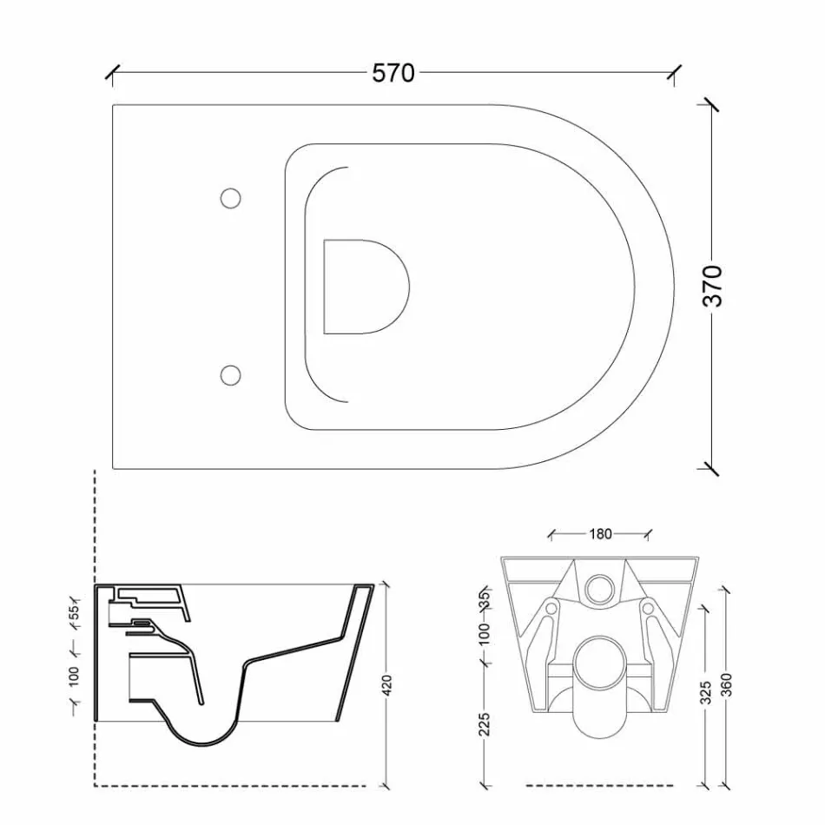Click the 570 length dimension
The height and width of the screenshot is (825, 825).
pos(393,74)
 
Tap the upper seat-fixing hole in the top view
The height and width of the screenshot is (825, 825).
pos(230,198)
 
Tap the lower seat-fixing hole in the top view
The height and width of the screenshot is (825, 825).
pos(230,374)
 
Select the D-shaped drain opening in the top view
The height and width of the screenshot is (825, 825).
pos(364,287)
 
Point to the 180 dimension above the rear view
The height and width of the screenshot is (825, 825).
pos(600,534)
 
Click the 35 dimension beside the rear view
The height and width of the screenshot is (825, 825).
pos(485,598)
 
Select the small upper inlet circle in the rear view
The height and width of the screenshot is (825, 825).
pos(600,589)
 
